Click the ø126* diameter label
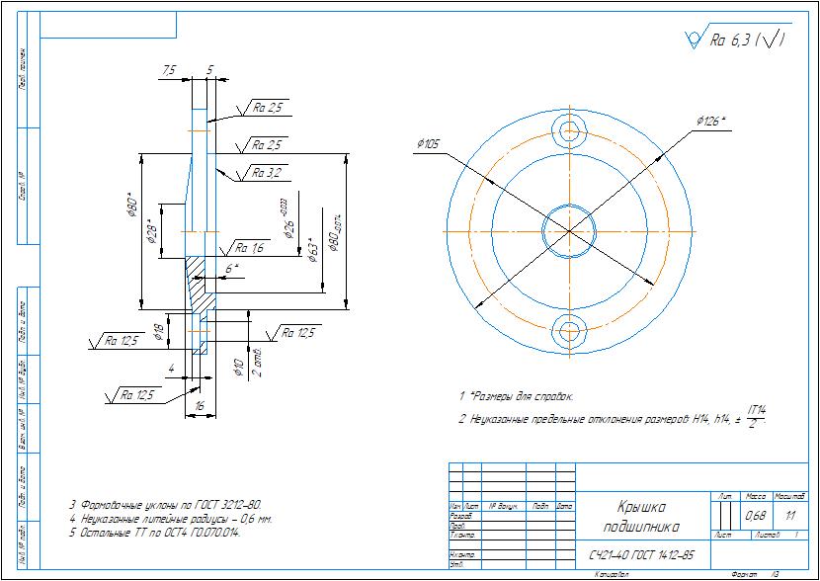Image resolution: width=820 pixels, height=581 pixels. (710, 121)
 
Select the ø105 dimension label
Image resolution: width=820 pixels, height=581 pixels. (429, 143)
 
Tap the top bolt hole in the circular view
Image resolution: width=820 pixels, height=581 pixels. (570, 130)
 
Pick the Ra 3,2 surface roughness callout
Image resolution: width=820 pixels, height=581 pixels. (266, 172)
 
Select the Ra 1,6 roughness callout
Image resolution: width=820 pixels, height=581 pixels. (250, 247)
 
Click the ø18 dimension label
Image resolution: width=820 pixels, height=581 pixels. (158, 327)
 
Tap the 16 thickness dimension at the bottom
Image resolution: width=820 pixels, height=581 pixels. (199, 406)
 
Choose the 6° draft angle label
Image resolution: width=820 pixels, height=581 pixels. (231, 268)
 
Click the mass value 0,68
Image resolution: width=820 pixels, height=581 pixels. (756, 516)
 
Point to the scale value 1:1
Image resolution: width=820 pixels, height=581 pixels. (789, 516)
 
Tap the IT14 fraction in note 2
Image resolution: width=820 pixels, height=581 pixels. (759, 415)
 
